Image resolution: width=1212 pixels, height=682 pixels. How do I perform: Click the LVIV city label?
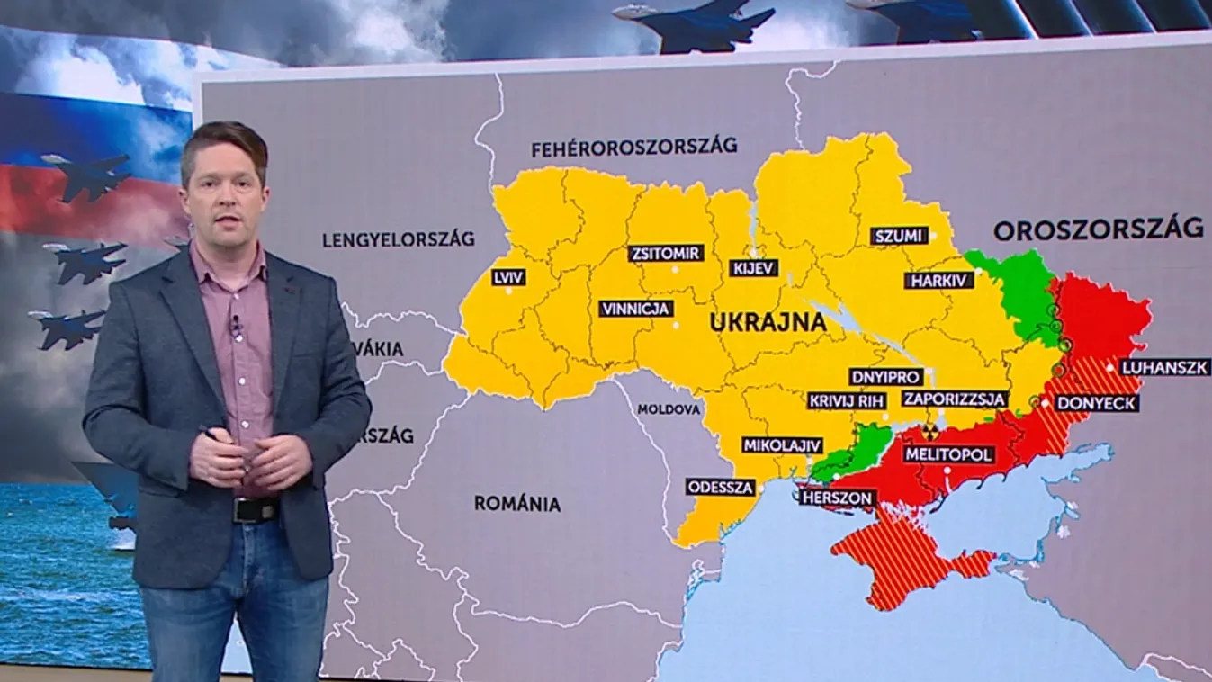coord(508,277)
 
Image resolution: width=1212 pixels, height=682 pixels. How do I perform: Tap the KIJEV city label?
coord(754,267)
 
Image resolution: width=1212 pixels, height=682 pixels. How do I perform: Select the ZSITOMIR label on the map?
coord(665,253)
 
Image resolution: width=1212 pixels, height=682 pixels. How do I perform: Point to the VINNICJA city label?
coord(636,309)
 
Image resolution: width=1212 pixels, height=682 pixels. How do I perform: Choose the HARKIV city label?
coord(939,280)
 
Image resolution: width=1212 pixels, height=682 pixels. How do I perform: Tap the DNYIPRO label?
coord(885,376)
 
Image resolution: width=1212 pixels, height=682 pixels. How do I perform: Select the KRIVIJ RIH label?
coord(847,400)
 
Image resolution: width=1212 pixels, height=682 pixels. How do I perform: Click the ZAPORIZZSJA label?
coord(955,399)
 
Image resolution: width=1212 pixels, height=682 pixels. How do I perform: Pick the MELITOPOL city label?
coord(949,454)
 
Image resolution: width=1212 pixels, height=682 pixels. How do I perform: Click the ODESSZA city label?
coord(721,487)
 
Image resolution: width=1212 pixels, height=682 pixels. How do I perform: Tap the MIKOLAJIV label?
coord(782,444)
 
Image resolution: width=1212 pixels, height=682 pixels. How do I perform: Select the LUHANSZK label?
coord(1163,367)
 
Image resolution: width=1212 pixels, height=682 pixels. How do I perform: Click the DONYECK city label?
coord(1097,403)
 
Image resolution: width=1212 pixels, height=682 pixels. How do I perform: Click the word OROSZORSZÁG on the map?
coord(1098,229)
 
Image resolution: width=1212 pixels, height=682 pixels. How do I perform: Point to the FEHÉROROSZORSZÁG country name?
coord(633,146)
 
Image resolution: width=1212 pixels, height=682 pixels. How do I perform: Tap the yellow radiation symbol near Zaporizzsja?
coord(931,432)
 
